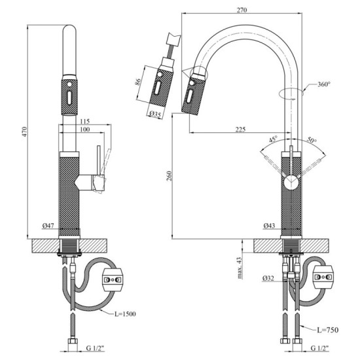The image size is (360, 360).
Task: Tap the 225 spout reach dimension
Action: click(240, 129)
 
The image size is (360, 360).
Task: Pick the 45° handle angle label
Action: click(273, 139)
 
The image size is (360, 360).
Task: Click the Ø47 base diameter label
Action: click(48, 225)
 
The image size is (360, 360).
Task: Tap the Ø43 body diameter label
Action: click(269, 225)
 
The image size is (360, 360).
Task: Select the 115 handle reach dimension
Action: click(83, 120)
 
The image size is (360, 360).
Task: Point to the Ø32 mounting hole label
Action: click(269, 278)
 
